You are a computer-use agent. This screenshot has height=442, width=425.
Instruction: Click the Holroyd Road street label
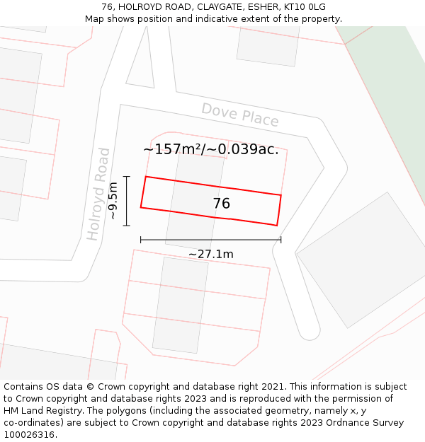pyautogui.click(x=98, y=194)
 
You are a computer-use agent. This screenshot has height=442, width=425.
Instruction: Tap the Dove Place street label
pyautogui.click(x=240, y=115)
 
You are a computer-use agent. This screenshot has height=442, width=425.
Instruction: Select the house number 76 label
pyautogui.click(x=221, y=204)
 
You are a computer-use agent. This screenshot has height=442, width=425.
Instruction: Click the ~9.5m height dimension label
pyautogui.click(x=113, y=201)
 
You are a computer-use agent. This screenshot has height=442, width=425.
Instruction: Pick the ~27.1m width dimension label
pyautogui.click(x=210, y=254)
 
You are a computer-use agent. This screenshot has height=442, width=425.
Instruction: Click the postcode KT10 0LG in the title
pyautogui.click(x=305, y=7)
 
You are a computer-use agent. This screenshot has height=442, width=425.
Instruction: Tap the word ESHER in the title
pyautogui.click(x=261, y=7)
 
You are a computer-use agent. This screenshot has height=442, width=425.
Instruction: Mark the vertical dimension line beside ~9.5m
pyautogui.click(x=127, y=201)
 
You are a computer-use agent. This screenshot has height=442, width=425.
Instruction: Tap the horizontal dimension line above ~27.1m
pyautogui.click(x=210, y=240)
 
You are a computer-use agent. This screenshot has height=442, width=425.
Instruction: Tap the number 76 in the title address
pyautogui.click(x=108, y=7)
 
